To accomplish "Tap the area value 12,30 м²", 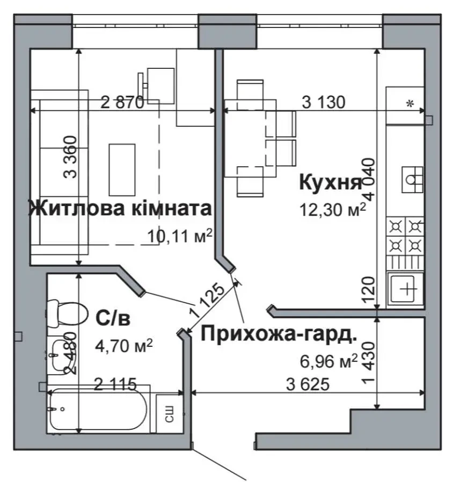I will click(x=333, y=209).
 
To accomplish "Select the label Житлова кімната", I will click(x=120, y=208).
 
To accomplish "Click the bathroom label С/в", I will click(x=113, y=318).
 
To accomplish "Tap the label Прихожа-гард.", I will click(x=279, y=334).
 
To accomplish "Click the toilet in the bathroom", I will click(x=67, y=312).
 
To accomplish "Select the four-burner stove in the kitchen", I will click(x=405, y=235).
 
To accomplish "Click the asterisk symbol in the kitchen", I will click(x=410, y=104).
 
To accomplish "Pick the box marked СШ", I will click(x=167, y=413).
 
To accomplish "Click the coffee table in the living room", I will click(x=122, y=169).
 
